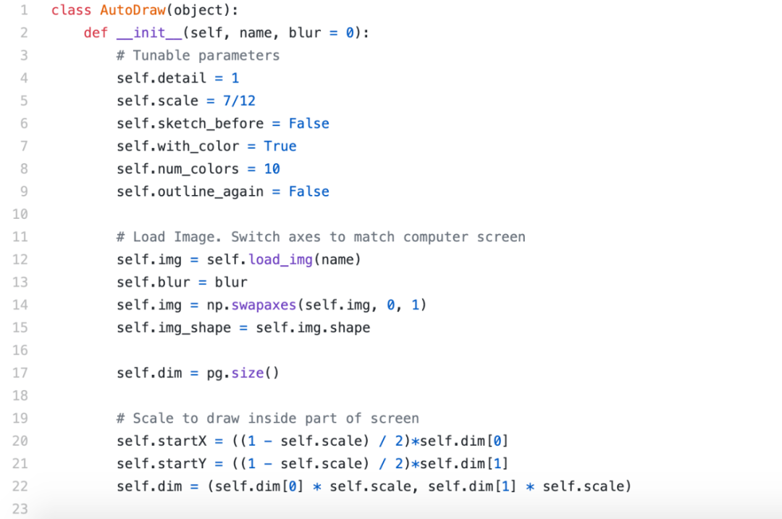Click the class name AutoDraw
coord(133,10)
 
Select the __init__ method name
coord(149,33)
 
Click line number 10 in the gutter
coord(20,214)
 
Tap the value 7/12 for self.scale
coord(239,101)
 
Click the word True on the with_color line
coord(279,146)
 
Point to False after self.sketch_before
coord(308,123)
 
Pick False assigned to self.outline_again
coord(308,191)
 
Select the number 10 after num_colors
coord(272,169)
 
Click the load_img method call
coord(280,259)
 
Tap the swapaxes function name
coord(264,305)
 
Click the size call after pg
coord(248,373)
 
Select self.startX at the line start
coord(161,441)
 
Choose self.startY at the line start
coord(161,464)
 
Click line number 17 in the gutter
coord(20,373)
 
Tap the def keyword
coord(96,33)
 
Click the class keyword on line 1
coord(71,10)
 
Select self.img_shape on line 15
coord(174,328)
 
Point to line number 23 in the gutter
coord(20,509)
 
